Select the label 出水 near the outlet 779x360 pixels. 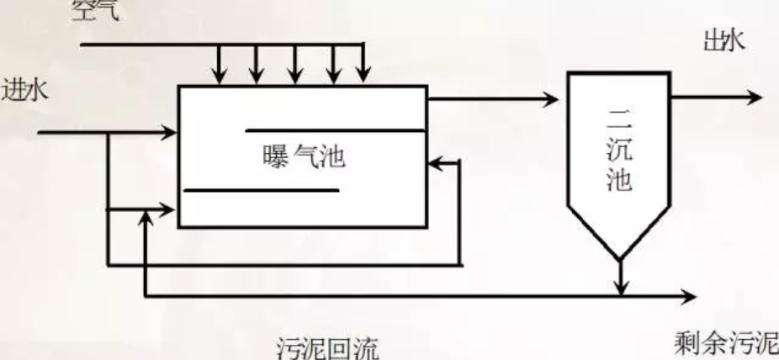click(x=723, y=40)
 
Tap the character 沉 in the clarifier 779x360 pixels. click(x=618, y=152)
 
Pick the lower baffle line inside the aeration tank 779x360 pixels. click(x=261, y=190)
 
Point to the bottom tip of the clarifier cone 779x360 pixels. click(x=619, y=257)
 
